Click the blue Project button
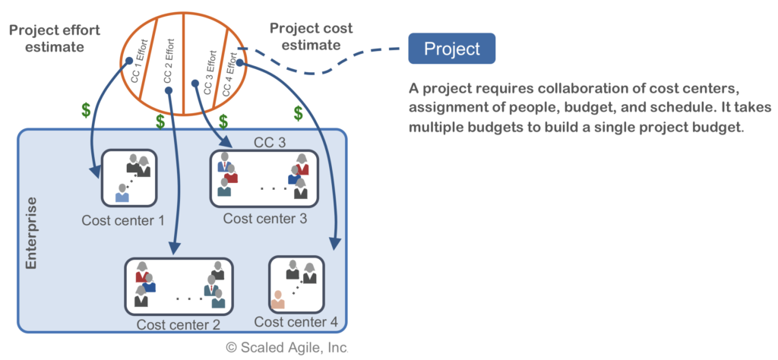click(x=451, y=49)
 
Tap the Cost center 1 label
click(x=123, y=220)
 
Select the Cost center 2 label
click(x=179, y=325)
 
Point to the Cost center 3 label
click(x=265, y=219)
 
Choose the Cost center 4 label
click(x=296, y=321)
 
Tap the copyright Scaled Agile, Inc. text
click(x=286, y=347)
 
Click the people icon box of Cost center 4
click(x=296, y=284)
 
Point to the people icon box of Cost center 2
click(x=179, y=286)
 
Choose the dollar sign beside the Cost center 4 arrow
click(x=299, y=113)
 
